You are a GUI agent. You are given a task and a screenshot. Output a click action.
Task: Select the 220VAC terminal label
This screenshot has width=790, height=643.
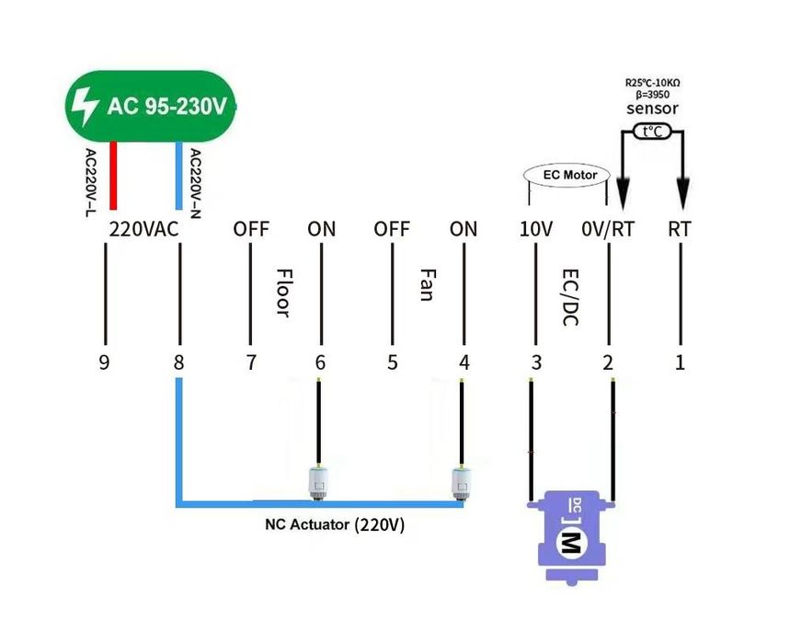(143, 229)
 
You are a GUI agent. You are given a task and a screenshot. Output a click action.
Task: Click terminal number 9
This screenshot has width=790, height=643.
(104, 362)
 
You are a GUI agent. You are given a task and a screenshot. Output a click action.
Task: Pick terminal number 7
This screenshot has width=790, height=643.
(251, 362)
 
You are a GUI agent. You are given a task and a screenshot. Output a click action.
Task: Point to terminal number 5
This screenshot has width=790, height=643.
(393, 362)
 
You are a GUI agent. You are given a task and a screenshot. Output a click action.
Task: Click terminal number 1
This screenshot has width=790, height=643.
(680, 362)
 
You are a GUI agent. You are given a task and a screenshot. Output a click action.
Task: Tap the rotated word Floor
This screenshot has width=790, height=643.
(283, 293)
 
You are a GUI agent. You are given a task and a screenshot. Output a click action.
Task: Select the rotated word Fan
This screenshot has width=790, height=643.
(427, 285)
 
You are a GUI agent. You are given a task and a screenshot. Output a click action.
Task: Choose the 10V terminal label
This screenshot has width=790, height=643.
(535, 229)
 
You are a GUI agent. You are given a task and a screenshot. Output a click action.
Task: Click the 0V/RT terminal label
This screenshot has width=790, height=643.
(609, 229)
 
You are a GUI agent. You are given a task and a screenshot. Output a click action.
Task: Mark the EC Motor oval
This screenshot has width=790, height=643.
(567, 175)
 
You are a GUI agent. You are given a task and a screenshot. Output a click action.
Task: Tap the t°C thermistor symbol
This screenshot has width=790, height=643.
(653, 132)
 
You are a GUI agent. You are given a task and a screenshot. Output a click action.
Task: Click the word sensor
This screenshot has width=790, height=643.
(652, 109)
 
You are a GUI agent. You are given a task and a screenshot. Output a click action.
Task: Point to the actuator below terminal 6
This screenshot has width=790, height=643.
(319, 482)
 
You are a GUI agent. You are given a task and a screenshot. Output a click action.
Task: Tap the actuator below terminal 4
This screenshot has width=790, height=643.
(461, 482)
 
